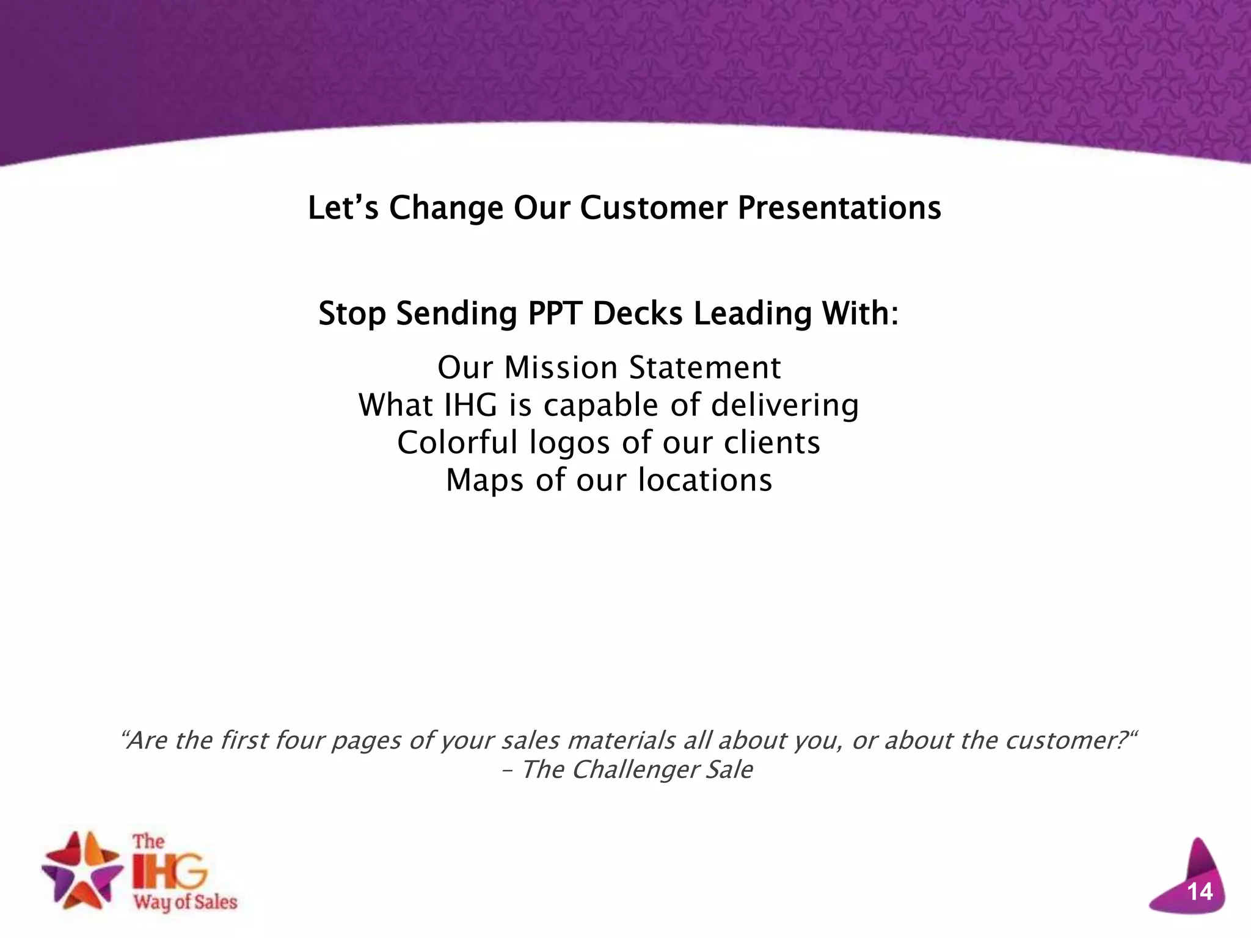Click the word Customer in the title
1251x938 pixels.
click(653, 208)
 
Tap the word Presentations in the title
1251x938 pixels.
click(839, 208)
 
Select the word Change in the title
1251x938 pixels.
click(446, 208)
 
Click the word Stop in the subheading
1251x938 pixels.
click(352, 313)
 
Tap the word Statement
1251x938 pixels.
click(705, 368)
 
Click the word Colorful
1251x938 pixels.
click(458, 442)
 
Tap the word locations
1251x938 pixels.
click(705, 479)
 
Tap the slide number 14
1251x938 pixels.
click(1200, 892)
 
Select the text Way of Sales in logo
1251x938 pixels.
click(185, 903)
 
